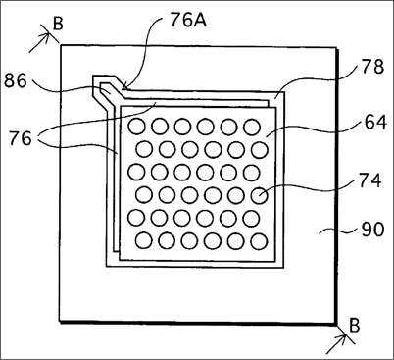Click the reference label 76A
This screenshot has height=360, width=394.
point(188,21)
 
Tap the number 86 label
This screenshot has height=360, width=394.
point(16,80)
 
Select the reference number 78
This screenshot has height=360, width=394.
point(372,67)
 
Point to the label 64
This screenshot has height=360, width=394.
point(375,123)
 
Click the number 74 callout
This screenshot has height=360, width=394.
point(370,180)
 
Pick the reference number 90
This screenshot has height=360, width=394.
point(372,230)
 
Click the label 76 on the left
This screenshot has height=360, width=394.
point(21,138)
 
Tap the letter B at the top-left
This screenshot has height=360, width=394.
point(58,24)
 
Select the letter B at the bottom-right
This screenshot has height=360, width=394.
point(354,325)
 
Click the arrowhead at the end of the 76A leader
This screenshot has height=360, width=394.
point(124,87)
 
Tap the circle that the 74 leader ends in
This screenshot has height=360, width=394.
point(260,195)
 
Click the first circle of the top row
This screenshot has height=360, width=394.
point(136,127)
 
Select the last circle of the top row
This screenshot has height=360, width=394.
point(252,127)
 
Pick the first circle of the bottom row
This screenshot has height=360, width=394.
point(144,241)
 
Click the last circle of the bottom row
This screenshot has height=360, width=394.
point(260,242)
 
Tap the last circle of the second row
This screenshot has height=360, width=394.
point(260,150)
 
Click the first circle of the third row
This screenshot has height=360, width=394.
point(136,172)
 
